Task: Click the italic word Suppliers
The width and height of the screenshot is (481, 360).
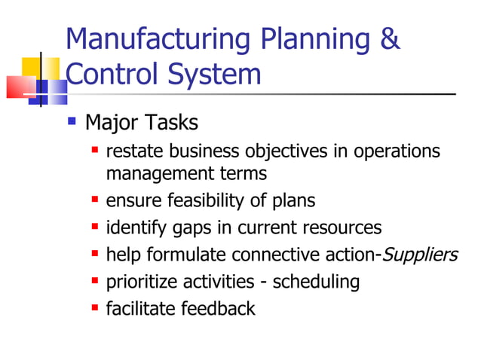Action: pyautogui.click(x=420, y=255)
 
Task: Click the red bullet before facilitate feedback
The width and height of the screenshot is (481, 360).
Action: pyautogui.click(x=95, y=307)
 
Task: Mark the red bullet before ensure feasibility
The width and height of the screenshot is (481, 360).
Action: pyautogui.click(x=95, y=200)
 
